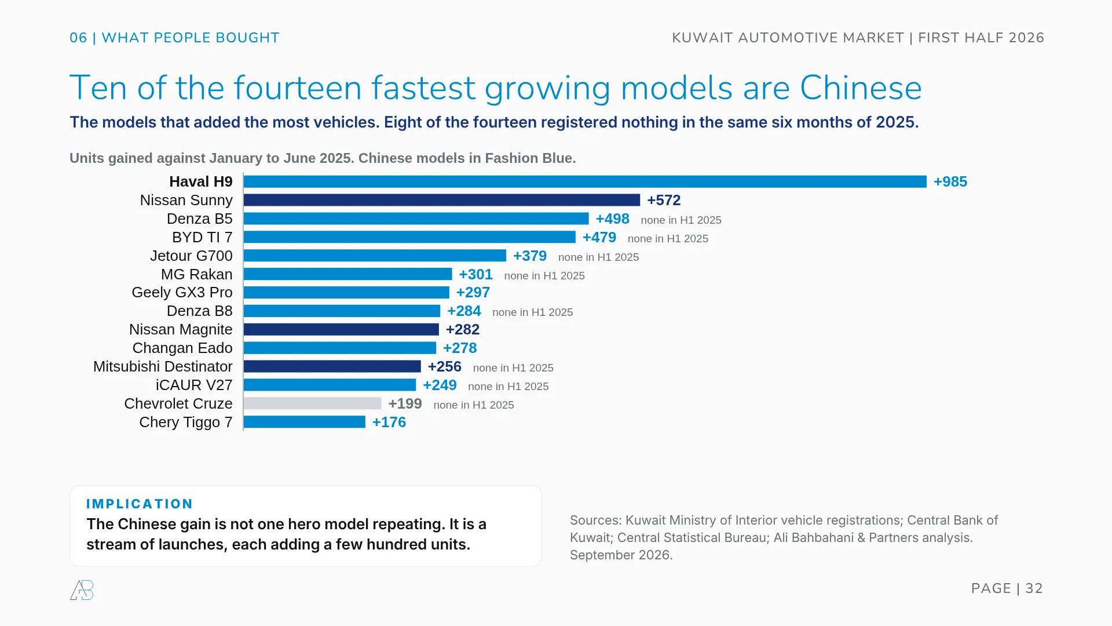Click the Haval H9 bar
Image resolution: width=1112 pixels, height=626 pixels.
(585, 181)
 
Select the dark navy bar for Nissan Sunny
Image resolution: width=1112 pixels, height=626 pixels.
(442, 200)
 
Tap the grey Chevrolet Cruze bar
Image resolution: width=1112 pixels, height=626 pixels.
(313, 403)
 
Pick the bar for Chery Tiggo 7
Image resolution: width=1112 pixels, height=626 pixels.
(305, 422)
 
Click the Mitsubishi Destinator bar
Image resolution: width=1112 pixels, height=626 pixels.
(332, 366)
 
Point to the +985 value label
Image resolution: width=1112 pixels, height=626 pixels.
(950, 181)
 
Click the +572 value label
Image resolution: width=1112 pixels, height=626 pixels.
(664, 200)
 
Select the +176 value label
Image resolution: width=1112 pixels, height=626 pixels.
(389, 422)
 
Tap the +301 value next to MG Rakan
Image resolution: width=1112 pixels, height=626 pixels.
(475, 274)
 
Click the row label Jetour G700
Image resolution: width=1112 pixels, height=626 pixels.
(191, 256)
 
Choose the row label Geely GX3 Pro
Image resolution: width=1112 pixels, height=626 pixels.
(182, 292)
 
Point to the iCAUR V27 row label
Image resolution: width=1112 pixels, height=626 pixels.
(194, 385)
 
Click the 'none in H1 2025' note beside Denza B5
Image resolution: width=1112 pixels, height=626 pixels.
(681, 220)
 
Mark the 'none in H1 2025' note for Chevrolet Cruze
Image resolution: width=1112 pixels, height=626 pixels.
(474, 405)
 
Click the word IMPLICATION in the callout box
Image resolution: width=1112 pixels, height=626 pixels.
(140, 504)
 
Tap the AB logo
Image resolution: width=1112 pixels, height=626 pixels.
(82, 590)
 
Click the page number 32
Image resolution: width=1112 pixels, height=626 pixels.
(1034, 588)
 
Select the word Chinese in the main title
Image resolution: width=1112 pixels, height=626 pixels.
(861, 88)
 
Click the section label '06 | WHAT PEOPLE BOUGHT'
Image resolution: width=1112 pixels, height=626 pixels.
(174, 38)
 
